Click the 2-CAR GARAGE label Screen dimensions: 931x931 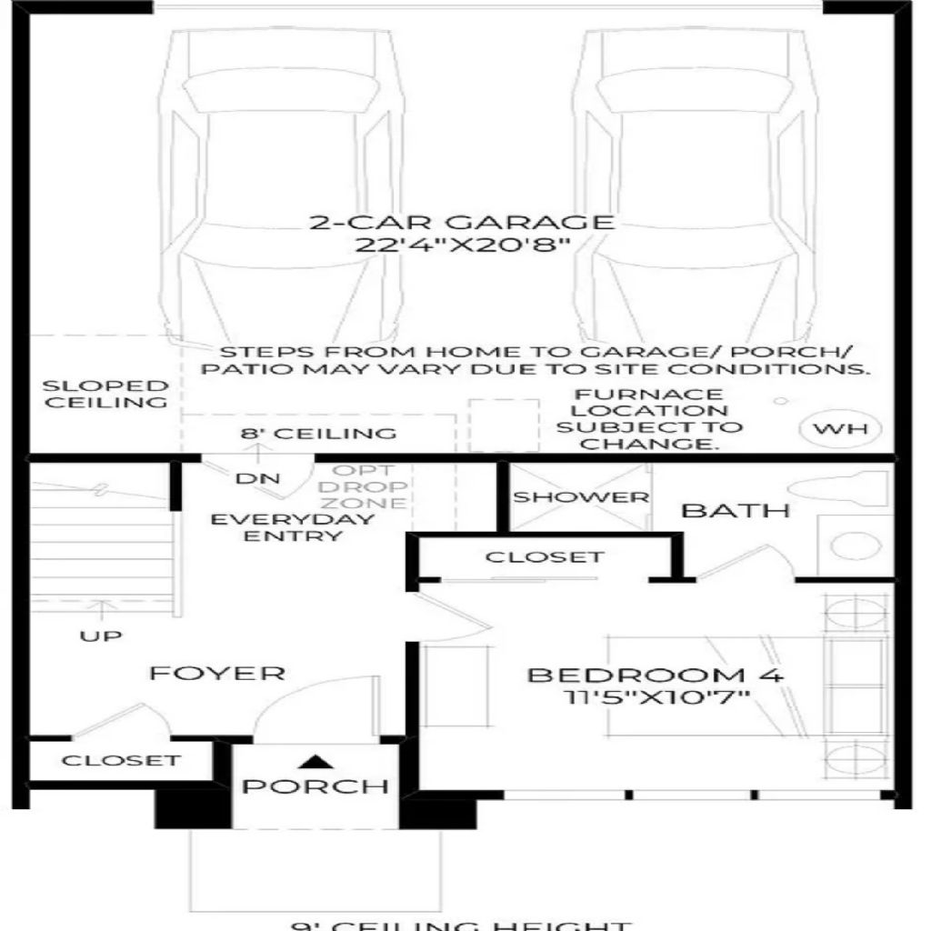point(462,222)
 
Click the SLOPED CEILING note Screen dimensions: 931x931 point(106,394)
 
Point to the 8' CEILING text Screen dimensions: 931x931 point(318,433)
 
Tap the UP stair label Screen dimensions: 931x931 point(100,636)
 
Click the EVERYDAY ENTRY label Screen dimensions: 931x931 point(292,527)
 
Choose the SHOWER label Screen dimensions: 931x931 point(581,497)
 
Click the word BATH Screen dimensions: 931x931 point(736,510)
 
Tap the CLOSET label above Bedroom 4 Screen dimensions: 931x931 point(544,556)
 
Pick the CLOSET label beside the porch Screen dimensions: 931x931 point(121,760)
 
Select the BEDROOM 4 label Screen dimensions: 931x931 point(655,676)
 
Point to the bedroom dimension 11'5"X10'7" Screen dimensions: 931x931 point(655,698)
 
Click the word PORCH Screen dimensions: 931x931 point(315,786)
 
